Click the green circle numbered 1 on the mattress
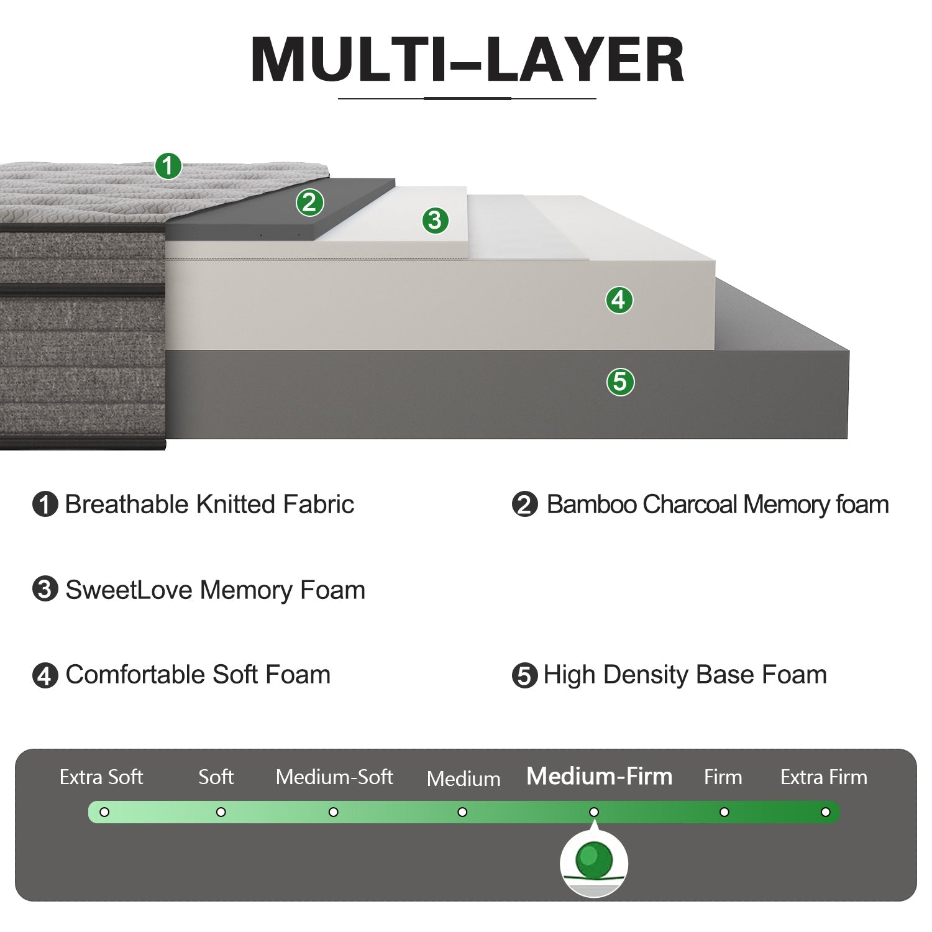[x=168, y=167]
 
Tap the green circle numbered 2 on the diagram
[x=309, y=203]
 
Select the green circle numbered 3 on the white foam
[x=435, y=220]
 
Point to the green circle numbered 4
[x=619, y=300]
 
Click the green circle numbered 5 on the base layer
[x=620, y=381]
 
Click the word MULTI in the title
[x=348, y=60]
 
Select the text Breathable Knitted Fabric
[x=209, y=505]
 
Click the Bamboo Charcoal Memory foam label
[x=717, y=505]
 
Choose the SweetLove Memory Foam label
[x=215, y=590]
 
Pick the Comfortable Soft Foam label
[x=198, y=675]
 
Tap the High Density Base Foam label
[x=685, y=675]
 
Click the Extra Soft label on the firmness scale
[x=101, y=777]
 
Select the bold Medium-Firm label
[x=599, y=776]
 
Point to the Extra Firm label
[x=823, y=777]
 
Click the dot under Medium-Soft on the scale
[x=334, y=812]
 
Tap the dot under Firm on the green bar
[x=724, y=812]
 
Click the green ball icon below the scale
[x=594, y=860]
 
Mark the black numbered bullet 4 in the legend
[x=45, y=675]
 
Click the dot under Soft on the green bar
[x=221, y=812]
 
